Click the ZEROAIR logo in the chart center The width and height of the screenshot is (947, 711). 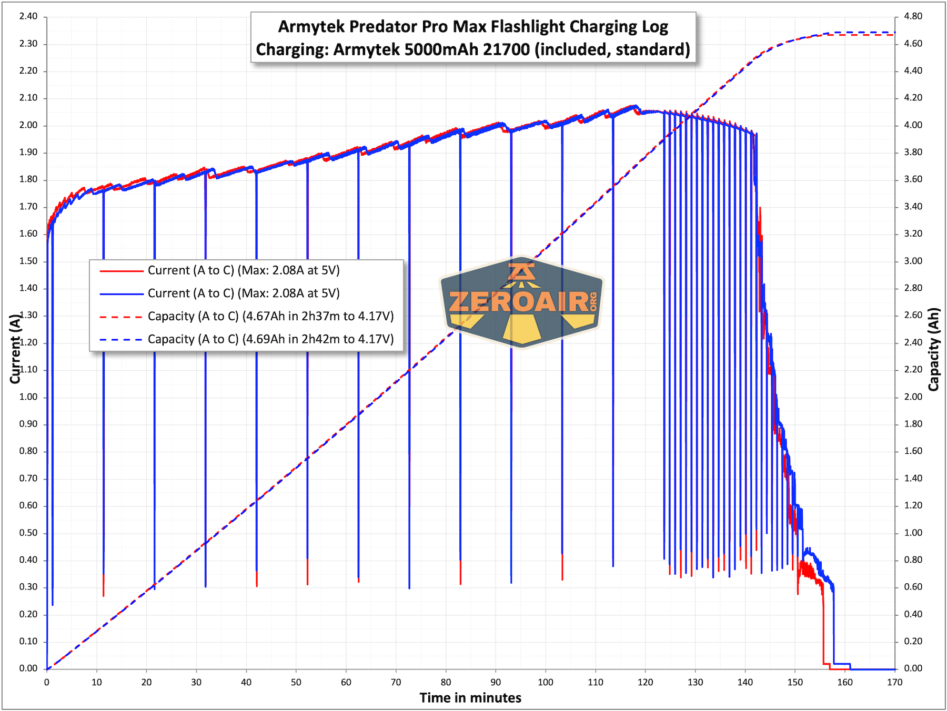click(521, 302)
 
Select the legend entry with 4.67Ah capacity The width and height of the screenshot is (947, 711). click(270, 316)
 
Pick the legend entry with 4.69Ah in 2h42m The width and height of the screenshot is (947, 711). click(270, 339)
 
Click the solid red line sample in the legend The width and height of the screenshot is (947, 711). click(121, 271)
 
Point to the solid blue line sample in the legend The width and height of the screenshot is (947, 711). click(121, 294)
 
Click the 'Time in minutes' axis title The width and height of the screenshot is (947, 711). click(470, 698)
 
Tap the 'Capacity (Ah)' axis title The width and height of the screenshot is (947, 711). click(933, 349)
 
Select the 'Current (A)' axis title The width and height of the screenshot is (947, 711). click(15, 349)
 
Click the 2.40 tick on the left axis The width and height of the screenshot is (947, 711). click(28, 16)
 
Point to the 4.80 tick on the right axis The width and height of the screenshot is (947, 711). click(913, 16)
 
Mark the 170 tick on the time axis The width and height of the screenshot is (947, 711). click(894, 683)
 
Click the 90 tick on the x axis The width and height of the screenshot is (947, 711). click(496, 683)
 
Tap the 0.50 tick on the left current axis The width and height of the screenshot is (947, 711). click(28, 533)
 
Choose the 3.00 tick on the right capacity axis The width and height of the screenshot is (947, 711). click(913, 261)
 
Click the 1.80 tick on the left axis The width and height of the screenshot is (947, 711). click(28, 179)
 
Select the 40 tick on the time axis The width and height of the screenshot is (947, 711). click(246, 683)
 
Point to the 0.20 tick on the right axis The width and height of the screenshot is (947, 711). click(913, 642)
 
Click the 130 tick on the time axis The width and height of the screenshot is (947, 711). click(695, 683)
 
